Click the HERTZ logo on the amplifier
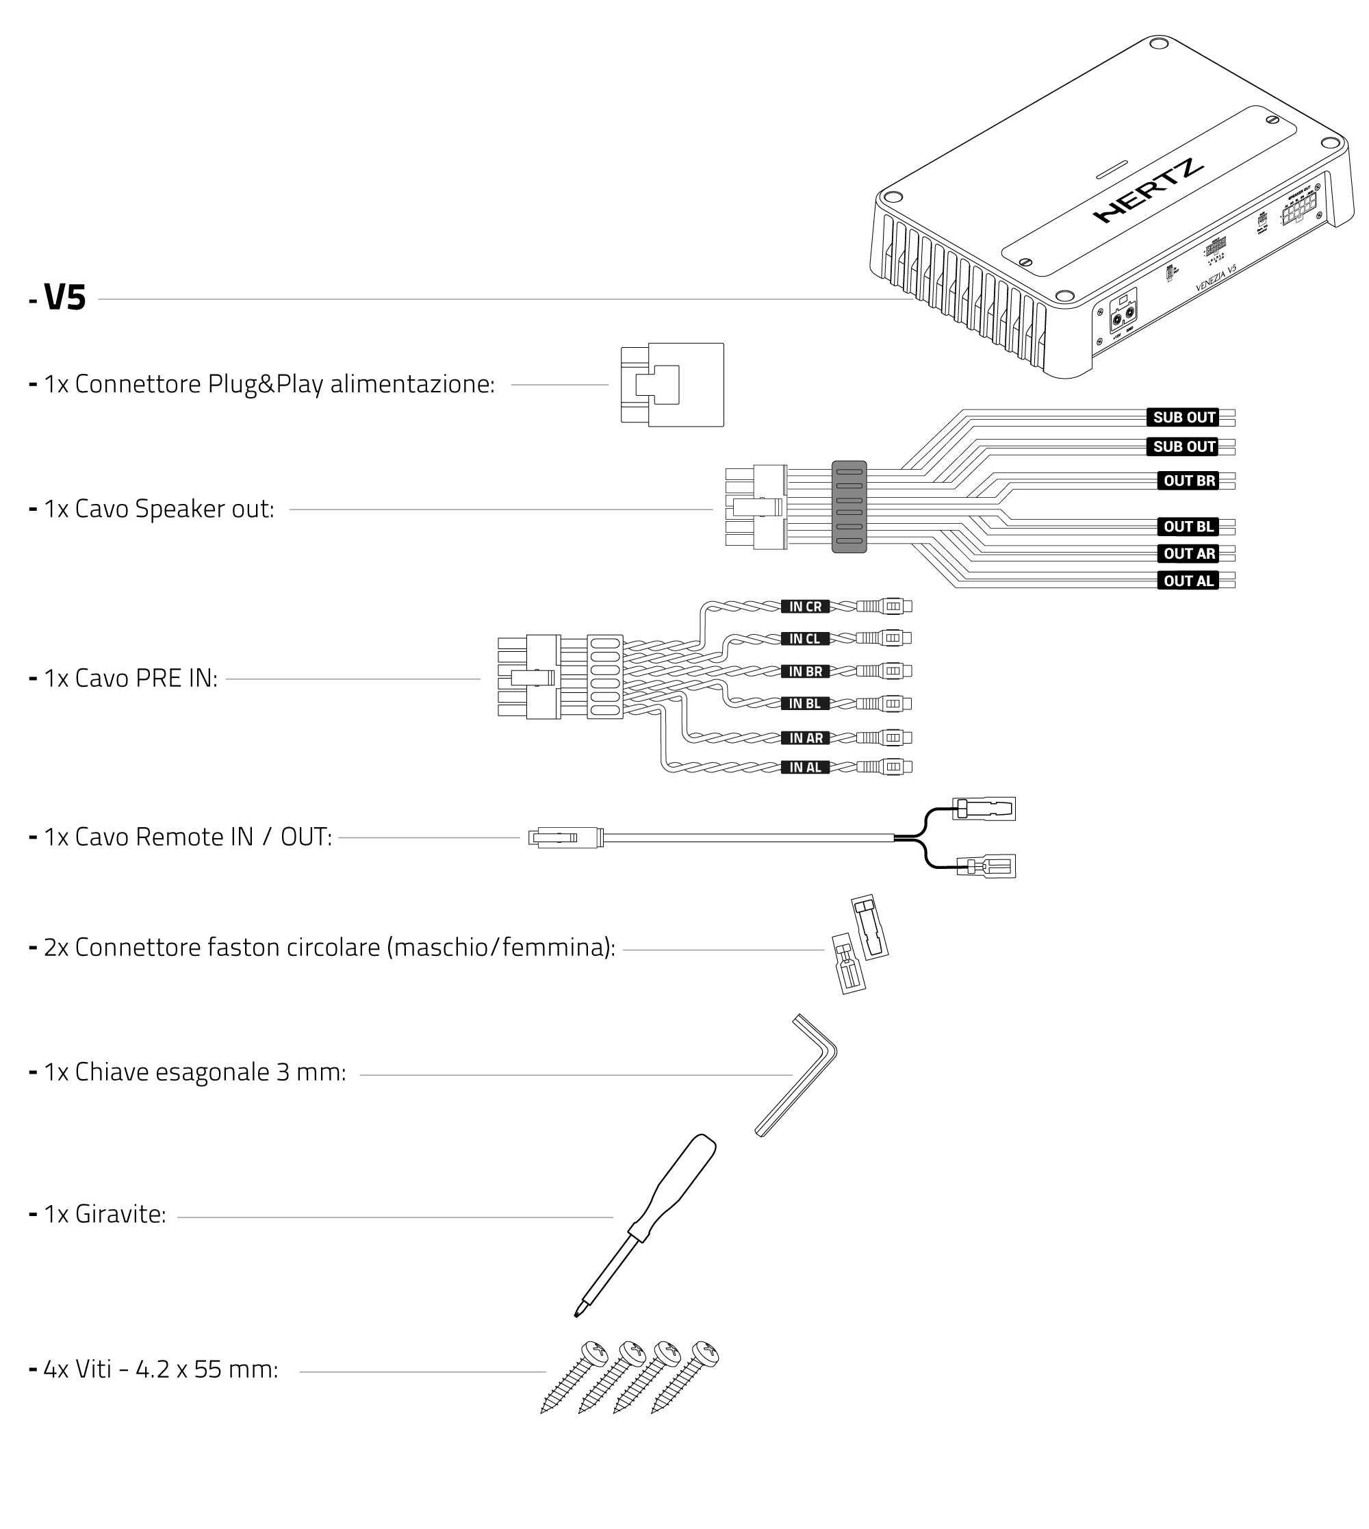1148,192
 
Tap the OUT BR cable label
1188,481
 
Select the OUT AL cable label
1188,581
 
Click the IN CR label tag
805,607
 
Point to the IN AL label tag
805,768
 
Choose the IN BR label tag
805,671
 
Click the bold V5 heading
66,298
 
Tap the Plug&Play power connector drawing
671,386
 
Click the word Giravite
120,1215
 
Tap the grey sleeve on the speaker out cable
849,507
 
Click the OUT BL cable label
1188,527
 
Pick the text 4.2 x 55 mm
207,1369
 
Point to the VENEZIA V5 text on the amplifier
1216,279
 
